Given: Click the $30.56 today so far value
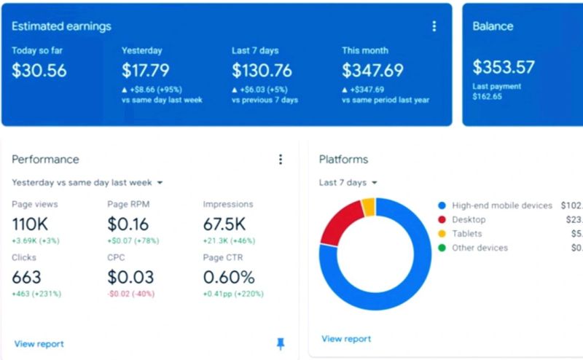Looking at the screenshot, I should click(x=39, y=71).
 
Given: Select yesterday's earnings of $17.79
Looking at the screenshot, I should click(x=146, y=71).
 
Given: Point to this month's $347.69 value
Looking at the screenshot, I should click(x=372, y=71).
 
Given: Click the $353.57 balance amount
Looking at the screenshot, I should click(x=504, y=68).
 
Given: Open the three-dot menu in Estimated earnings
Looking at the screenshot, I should click(x=434, y=26).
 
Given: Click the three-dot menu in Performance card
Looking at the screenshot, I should click(x=281, y=160).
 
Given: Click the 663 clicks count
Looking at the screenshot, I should click(x=26, y=278).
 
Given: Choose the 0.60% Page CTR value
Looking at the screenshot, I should click(x=229, y=278).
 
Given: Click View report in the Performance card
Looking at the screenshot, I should click(x=39, y=344).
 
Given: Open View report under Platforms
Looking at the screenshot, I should click(x=346, y=339).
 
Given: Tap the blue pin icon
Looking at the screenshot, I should click(x=281, y=344).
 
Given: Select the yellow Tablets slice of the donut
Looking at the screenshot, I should click(x=369, y=207).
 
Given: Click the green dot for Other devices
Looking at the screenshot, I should click(x=442, y=248).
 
